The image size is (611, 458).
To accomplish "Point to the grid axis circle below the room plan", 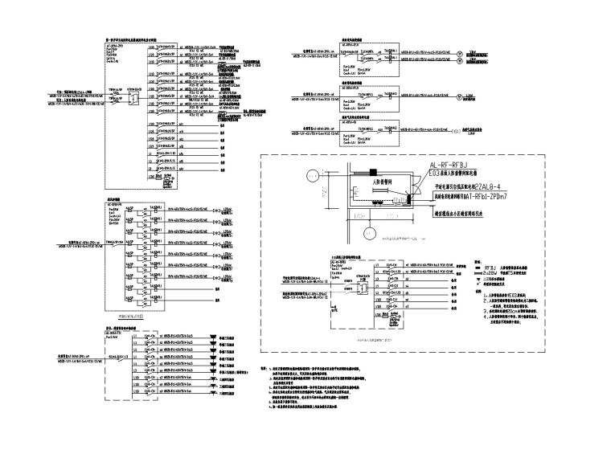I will tap(369, 235).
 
